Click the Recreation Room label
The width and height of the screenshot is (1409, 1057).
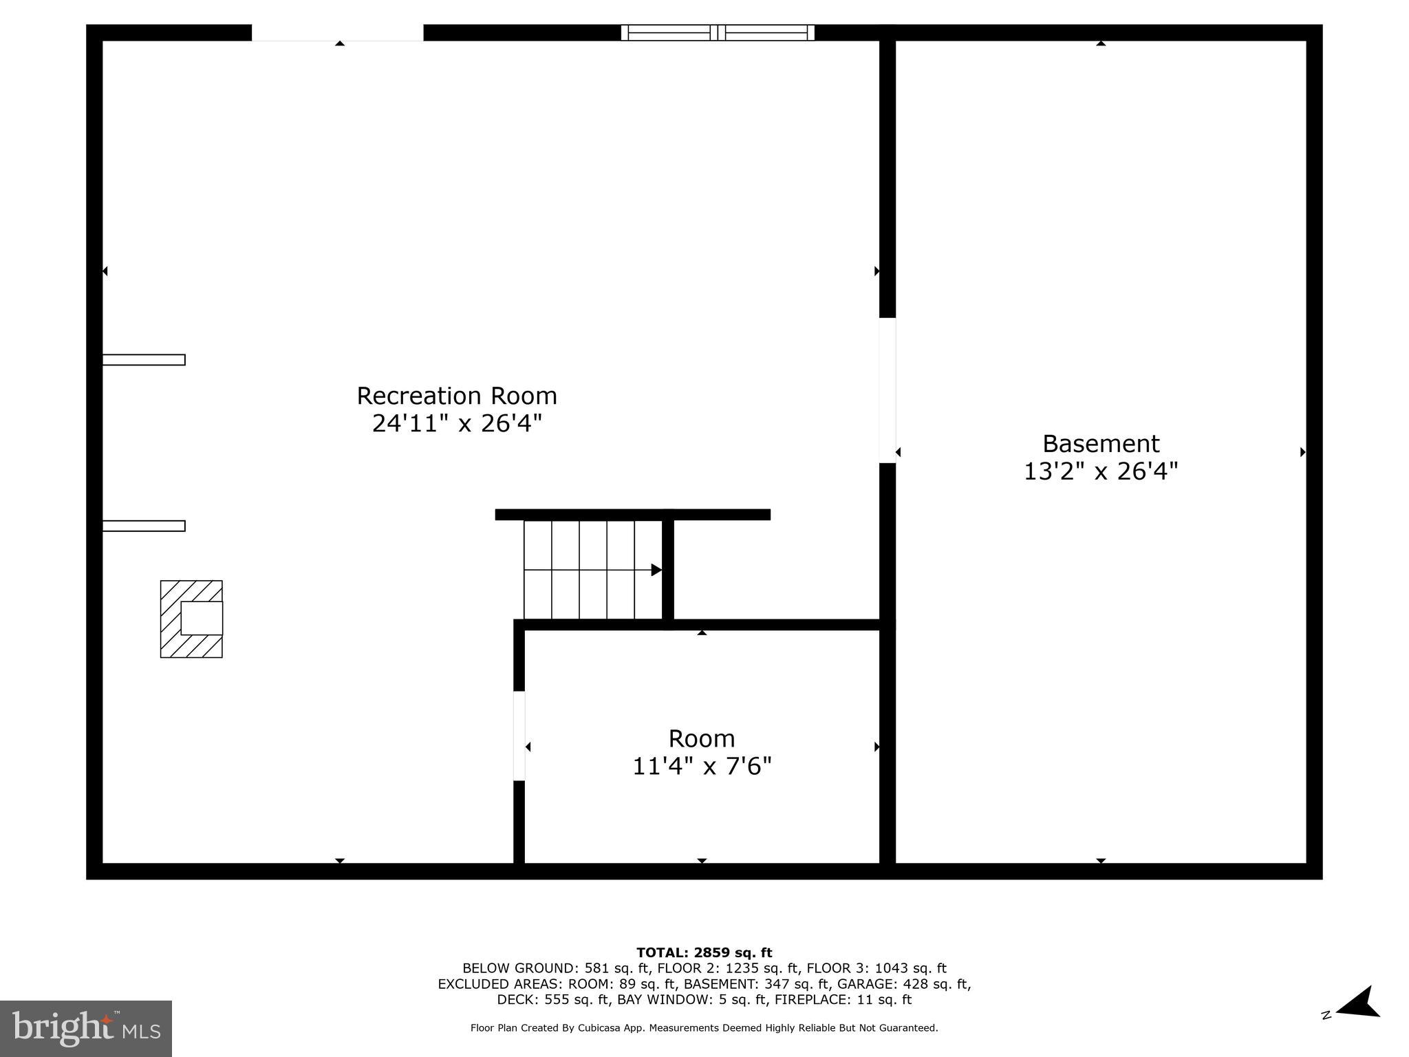tap(457, 396)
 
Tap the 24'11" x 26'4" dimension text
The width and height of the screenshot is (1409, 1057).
tap(457, 423)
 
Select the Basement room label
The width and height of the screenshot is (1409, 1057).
tap(1101, 443)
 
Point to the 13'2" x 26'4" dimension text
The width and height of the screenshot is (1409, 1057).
tap(1101, 471)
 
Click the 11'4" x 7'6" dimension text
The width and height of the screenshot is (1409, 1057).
tap(702, 766)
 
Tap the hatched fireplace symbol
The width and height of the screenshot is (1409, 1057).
tap(191, 619)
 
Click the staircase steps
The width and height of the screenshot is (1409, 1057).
tap(592, 570)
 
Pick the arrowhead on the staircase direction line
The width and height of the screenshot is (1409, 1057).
tap(656, 570)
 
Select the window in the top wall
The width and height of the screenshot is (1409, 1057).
tap(718, 32)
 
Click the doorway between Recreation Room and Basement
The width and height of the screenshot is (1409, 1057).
tap(888, 390)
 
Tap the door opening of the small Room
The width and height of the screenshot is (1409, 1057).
tap(519, 736)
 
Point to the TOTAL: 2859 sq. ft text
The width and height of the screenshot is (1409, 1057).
tap(704, 952)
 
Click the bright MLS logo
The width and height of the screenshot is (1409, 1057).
tap(86, 1028)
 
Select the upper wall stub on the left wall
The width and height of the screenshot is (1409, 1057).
tap(144, 359)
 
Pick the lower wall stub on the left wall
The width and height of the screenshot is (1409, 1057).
tap(144, 526)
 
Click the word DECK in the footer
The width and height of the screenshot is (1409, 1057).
tap(517, 999)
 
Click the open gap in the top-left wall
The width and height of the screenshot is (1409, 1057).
tap(337, 32)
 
